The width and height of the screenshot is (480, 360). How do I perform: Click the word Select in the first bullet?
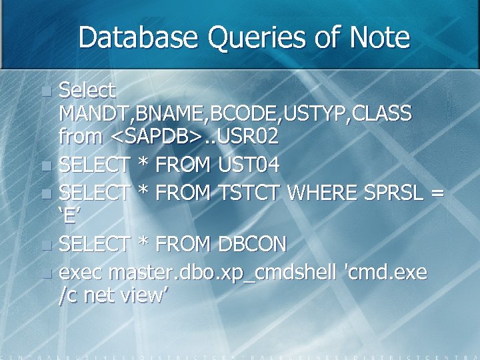(x=87, y=89)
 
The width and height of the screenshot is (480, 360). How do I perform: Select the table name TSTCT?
(x=247, y=193)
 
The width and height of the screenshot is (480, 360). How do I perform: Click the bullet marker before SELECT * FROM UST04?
(x=45, y=165)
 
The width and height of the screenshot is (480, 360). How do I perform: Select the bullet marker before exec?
(x=45, y=273)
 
